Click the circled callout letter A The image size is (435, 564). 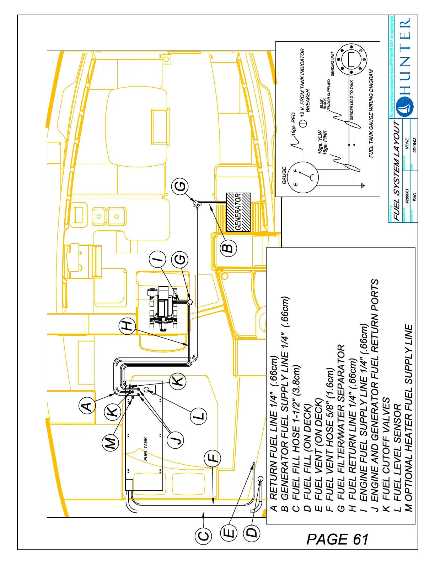[x=87, y=406]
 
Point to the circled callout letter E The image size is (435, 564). [x=229, y=533]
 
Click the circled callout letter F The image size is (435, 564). [x=212, y=458]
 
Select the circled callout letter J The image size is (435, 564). [x=175, y=439]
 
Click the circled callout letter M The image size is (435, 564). [x=111, y=443]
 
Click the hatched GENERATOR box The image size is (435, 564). [x=238, y=212]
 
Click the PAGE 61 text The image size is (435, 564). [x=337, y=539]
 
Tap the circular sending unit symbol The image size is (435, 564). [x=351, y=59]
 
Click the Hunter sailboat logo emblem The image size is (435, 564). [x=405, y=107]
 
